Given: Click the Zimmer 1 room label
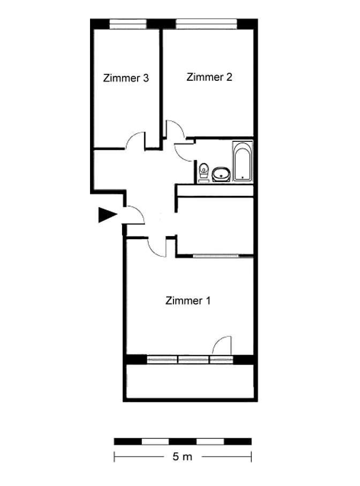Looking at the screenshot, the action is [187, 300].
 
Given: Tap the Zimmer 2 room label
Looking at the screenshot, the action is [209, 77].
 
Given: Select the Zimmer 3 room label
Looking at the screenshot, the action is [126, 78].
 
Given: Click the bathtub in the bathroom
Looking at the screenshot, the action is [242, 161].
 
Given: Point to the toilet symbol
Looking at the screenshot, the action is [204, 171].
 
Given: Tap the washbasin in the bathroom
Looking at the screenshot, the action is [221, 174].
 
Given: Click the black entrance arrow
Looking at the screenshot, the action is [107, 215].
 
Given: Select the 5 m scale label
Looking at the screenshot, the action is [183, 457].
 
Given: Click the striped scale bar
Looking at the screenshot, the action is [183, 442].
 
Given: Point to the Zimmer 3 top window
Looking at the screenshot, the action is [128, 24].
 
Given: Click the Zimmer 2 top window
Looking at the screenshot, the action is [206, 24].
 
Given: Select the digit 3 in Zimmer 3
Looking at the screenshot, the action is [146, 78].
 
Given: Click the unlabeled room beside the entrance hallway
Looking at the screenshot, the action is [215, 226].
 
